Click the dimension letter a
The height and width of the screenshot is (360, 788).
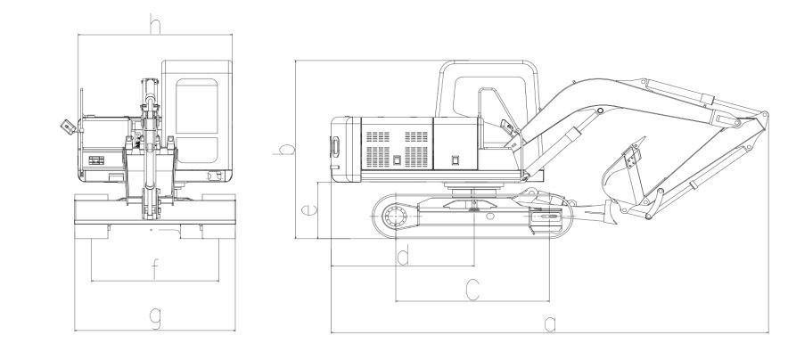[550, 324]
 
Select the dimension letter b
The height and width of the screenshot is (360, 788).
[285, 149]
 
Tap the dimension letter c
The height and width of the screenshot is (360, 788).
[472, 290]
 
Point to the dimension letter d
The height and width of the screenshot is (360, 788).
[403, 257]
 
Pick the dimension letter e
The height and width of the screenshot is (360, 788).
[309, 209]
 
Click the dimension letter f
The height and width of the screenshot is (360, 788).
[155, 271]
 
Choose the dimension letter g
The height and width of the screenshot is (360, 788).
[156, 318]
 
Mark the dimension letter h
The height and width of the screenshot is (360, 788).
[155, 24]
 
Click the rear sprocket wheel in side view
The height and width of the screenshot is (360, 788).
[395, 217]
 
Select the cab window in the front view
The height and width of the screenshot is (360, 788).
[197, 121]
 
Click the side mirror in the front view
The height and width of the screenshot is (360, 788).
[69, 127]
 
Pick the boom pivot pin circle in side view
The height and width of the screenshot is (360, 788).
[600, 110]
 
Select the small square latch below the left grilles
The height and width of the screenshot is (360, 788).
[397, 160]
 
